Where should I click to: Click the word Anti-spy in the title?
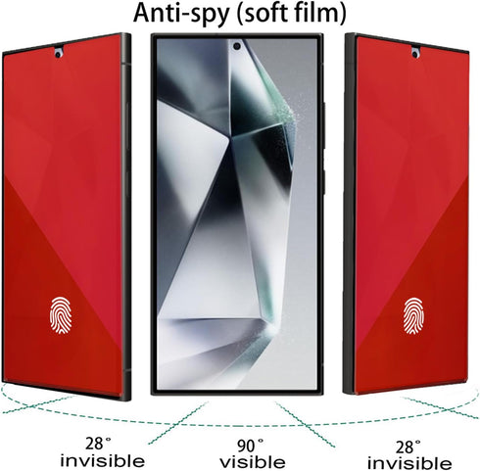tap(180, 14)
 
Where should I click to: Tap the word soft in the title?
tap(265, 13)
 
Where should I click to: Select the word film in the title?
tap(321, 13)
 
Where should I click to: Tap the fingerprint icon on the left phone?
tap(61, 315)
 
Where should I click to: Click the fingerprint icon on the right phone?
tap(413, 316)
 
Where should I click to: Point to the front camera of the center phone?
tap(237, 46)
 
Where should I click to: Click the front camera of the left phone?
tap(58, 55)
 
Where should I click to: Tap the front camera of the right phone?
tap(415, 54)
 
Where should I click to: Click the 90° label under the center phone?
tap(251, 446)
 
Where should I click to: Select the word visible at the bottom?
tap(253, 462)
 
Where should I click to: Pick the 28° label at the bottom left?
tap(98, 444)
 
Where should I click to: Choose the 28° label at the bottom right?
tap(408, 447)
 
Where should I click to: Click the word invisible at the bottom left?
tap(103, 460)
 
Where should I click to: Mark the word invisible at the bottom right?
tap(409, 463)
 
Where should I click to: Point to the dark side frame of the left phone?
tap(126, 216)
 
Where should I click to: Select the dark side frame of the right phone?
tap(350, 213)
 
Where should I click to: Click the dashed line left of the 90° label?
tap(178, 423)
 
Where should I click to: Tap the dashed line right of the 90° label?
tap(306, 424)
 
